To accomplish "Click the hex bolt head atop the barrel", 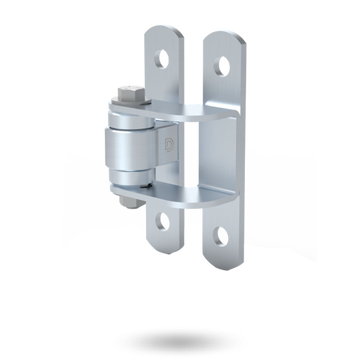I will point(129,97).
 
